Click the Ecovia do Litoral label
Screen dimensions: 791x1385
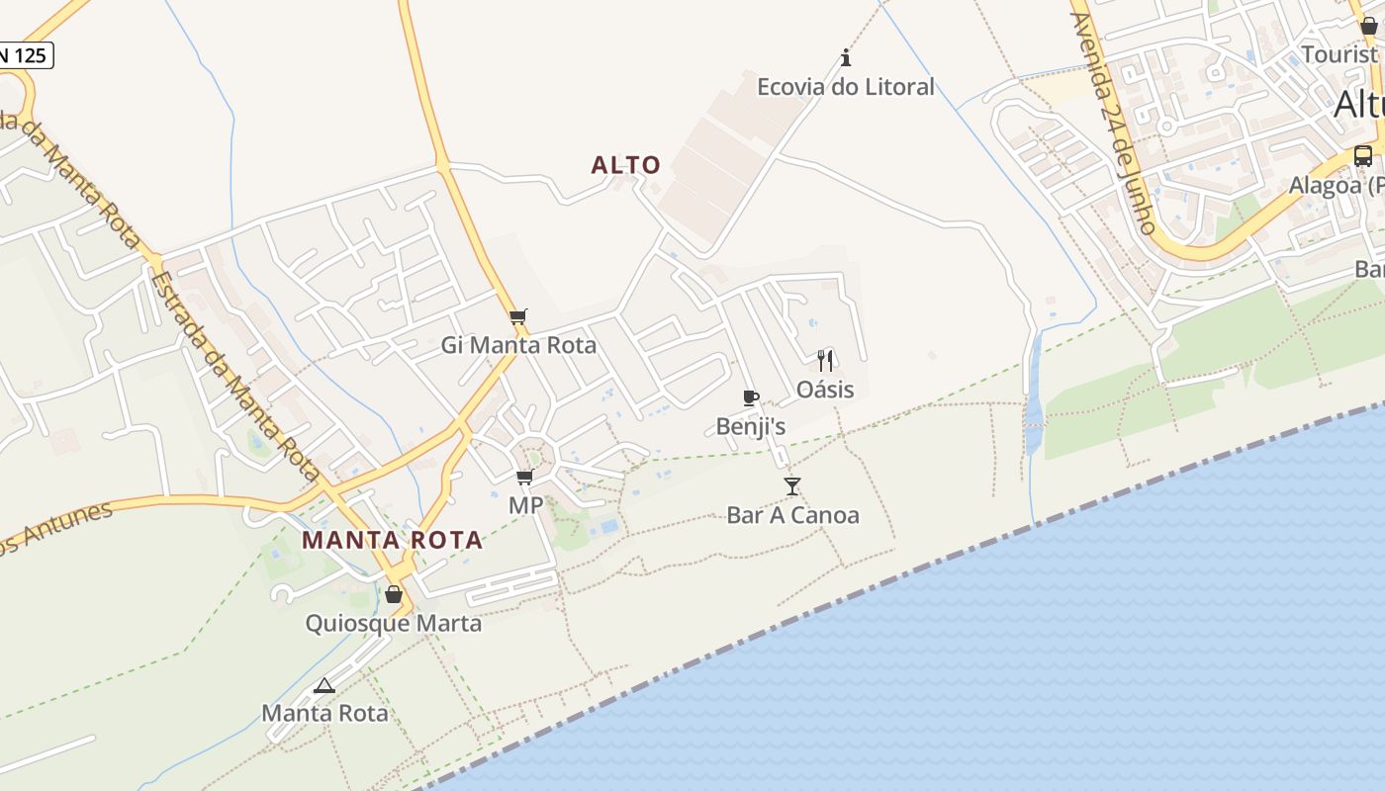[x=845, y=87]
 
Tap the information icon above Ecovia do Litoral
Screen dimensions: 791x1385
[x=846, y=57]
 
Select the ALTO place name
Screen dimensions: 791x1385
[x=625, y=165]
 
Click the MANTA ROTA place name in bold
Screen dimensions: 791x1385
[x=393, y=541]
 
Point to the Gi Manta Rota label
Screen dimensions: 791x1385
[x=518, y=345]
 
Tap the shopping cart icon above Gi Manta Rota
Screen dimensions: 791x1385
[x=517, y=317]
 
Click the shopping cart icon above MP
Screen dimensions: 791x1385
[x=525, y=478]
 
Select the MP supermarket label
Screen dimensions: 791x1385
[x=525, y=505]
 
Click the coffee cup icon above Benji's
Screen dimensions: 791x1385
[x=751, y=397]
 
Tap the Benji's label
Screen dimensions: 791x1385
[x=751, y=426]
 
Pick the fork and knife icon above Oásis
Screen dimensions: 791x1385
[x=825, y=360]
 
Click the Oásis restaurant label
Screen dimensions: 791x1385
[x=825, y=390]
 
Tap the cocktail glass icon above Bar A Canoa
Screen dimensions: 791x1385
[x=792, y=485]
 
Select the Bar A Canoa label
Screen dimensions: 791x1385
[x=792, y=515]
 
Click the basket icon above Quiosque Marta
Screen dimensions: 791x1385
[x=394, y=594]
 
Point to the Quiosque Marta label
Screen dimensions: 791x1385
[x=393, y=624]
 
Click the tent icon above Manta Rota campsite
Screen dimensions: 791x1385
[x=324, y=685]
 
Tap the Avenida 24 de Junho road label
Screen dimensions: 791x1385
[x=1114, y=124]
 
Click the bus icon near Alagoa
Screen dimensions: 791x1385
[x=1363, y=155]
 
